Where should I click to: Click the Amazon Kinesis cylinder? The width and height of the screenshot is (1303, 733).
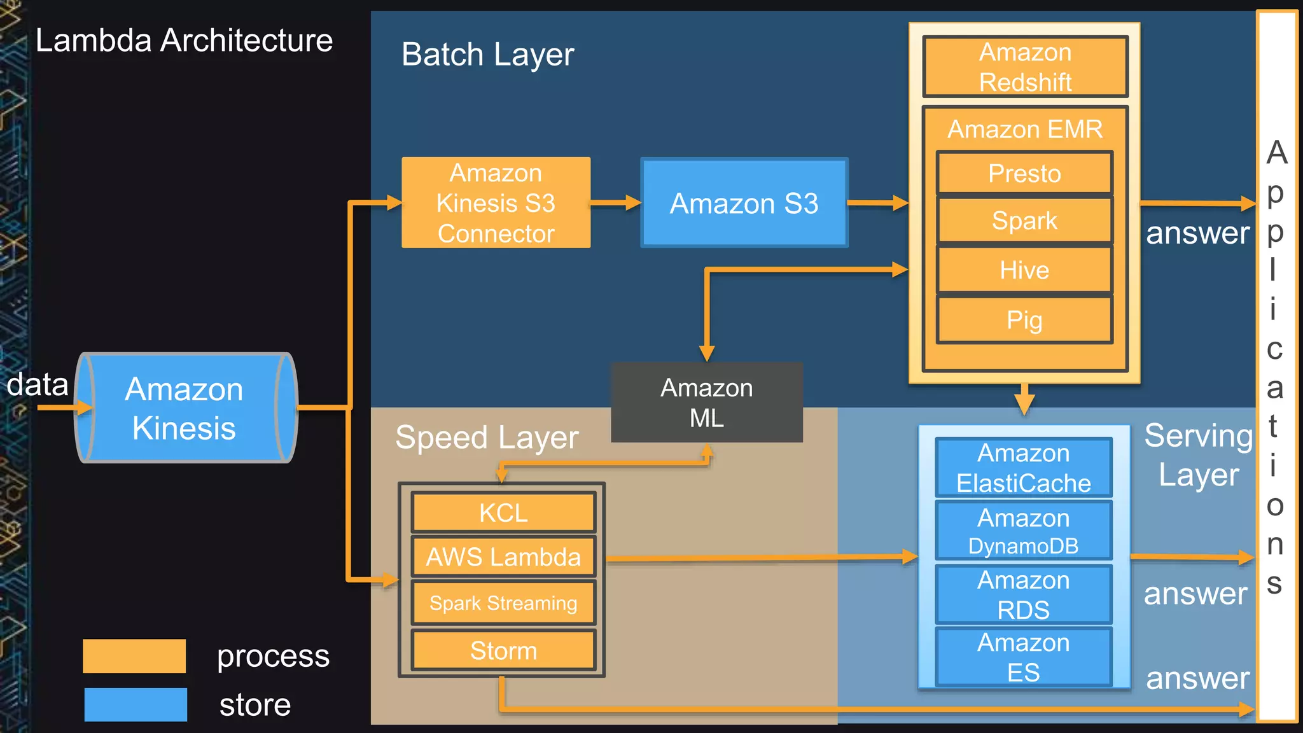click(x=185, y=408)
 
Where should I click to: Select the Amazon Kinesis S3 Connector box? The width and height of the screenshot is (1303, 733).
click(x=496, y=203)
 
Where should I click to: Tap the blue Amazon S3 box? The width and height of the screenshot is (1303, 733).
click(x=744, y=203)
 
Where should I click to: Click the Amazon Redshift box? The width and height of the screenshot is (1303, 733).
click(x=1025, y=67)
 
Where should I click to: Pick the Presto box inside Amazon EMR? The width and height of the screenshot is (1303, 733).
click(x=1024, y=173)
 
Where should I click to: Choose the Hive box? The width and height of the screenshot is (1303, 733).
click(x=1024, y=270)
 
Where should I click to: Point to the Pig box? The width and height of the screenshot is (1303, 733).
click(x=1024, y=320)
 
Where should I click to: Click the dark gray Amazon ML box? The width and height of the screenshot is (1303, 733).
click(x=706, y=403)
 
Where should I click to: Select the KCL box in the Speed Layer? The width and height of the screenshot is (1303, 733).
click(x=503, y=512)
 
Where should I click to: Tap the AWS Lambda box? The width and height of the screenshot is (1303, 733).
click(x=503, y=557)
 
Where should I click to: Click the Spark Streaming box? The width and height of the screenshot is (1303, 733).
click(x=503, y=603)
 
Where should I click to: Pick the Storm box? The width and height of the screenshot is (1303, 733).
click(x=503, y=650)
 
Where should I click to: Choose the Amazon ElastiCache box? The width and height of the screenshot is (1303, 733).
click(x=1023, y=468)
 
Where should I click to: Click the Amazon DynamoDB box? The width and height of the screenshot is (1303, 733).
click(x=1023, y=531)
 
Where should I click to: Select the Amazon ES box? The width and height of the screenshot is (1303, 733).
click(x=1023, y=657)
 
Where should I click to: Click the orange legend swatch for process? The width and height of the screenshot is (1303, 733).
click(x=134, y=656)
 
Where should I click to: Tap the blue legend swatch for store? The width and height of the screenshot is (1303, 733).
click(x=136, y=704)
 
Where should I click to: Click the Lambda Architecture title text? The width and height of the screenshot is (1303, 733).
click(x=184, y=40)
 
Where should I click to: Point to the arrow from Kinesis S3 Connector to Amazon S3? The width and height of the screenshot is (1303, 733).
click(x=615, y=203)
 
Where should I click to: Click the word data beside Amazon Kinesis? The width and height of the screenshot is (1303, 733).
click(x=37, y=384)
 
